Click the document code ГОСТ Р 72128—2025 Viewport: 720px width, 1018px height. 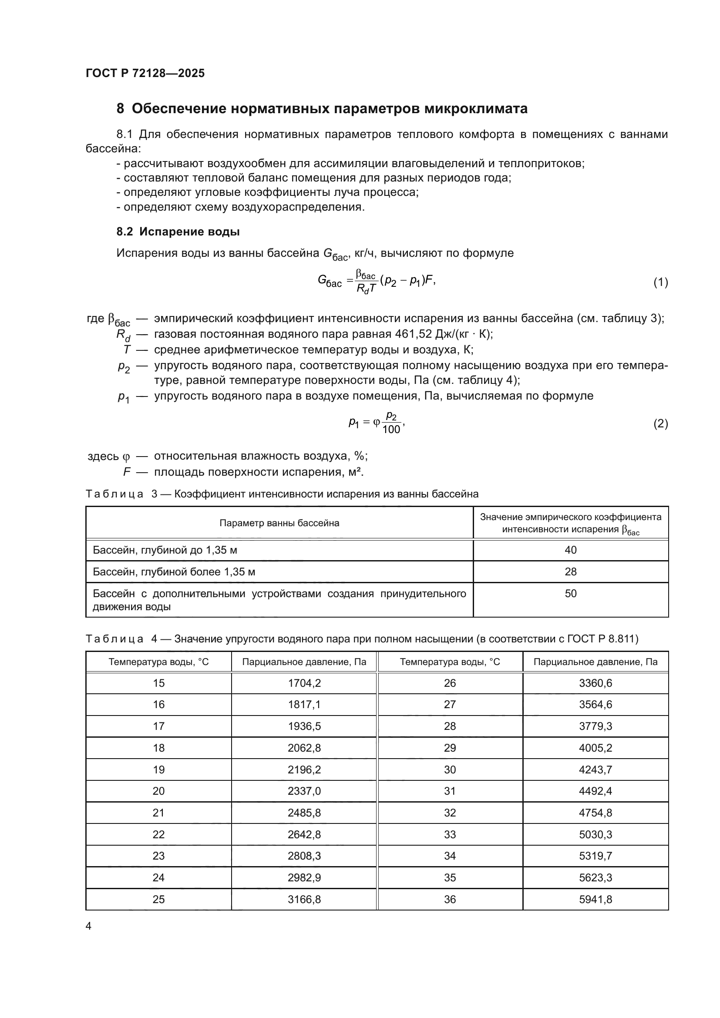(145, 73)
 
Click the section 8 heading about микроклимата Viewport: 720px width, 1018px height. (322, 109)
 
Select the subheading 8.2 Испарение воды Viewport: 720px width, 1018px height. (178, 232)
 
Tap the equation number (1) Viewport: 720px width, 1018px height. (661, 282)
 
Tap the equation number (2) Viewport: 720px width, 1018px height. (661, 423)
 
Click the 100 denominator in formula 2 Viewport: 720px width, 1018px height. (391, 429)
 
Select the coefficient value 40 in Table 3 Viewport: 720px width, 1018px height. (571, 550)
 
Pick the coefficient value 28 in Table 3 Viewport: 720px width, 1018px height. (571, 571)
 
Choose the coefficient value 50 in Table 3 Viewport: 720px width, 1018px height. (571, 593)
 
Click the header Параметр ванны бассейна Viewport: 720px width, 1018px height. (279, 523)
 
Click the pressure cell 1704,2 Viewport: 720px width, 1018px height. (304, 683)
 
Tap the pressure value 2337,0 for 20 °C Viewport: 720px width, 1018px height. (304, 791)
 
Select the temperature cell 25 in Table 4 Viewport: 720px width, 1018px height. (158, 899)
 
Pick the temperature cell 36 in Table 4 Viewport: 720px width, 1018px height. (450, 899)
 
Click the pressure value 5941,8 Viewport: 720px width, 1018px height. (596, 899)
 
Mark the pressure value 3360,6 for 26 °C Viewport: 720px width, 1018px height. (596, 683)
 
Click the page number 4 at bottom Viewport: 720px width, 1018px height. (88, 926)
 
